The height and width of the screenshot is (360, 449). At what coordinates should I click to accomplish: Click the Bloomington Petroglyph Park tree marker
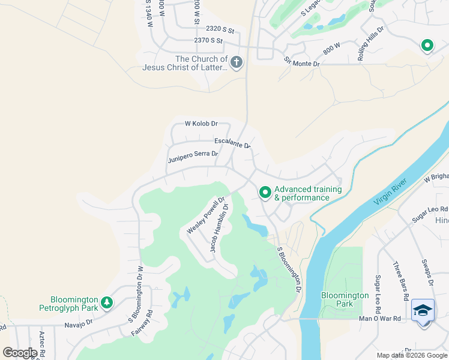[x=107, y=302]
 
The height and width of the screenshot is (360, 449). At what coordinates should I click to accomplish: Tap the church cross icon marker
[x=237, y=62]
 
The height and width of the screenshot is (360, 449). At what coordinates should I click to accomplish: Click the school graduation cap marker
[x=424, y=311]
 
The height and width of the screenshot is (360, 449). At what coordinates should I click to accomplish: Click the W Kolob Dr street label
[x=200, y=124]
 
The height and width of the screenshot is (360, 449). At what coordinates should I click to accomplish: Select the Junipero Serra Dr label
[x=193, y=156]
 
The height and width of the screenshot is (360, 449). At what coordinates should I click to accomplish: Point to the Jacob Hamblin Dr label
[x=219, y=228]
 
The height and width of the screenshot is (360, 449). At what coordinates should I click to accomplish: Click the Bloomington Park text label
[x=345, y=299]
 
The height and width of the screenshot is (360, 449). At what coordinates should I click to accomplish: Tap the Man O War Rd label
[x=379, y=319]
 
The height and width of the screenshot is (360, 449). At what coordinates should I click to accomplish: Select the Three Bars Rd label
[x=400, y=281]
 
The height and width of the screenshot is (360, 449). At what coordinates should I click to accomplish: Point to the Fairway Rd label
[x=142, y=323]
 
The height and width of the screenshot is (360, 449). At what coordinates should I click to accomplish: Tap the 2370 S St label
[x=208, y=41]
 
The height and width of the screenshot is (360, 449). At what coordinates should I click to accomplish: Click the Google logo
[x=19, y=353]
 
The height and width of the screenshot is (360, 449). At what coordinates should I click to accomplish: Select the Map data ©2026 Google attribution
[x=412, y=355]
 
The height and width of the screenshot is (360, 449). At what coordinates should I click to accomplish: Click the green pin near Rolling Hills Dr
[x=427, y=45]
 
